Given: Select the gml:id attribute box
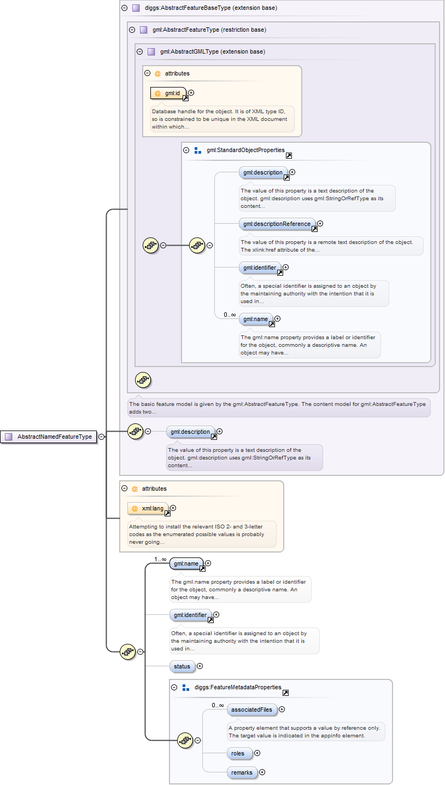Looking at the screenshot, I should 169,93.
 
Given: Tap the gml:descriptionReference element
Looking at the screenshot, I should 277,223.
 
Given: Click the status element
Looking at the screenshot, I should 182,666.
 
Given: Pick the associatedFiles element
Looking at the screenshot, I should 251,710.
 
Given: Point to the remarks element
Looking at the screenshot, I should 242,772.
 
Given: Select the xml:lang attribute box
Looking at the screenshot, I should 149,508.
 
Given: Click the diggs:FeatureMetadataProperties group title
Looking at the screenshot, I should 238,687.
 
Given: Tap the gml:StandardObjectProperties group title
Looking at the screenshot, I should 245,150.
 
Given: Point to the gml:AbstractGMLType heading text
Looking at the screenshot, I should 213,51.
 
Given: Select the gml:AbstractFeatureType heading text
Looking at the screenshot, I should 209,30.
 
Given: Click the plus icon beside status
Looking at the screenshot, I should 200,666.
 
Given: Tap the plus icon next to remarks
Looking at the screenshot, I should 262,772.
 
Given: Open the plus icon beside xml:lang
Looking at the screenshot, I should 173,508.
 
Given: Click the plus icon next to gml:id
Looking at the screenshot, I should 191,93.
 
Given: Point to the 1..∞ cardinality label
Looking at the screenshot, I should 160,559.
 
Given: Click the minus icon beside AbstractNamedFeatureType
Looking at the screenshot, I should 102,437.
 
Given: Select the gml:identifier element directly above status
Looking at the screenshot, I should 190,615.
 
